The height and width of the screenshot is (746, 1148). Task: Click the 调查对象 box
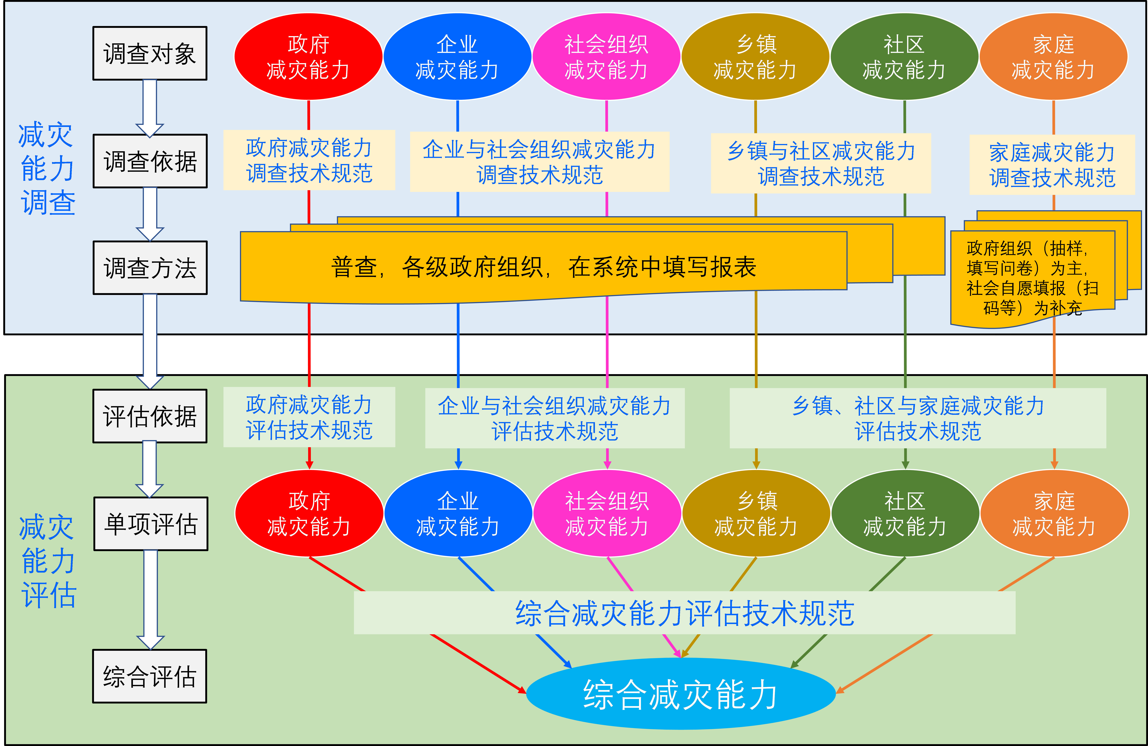click(150, 53)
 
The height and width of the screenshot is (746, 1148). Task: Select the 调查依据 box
click(150, 161)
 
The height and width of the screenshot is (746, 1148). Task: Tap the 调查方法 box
click(150, 268)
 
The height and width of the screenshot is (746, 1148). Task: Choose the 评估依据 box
click(150, 416)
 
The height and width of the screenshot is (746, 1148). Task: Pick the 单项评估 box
click(151, 524)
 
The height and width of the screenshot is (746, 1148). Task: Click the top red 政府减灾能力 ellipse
click(308, 56)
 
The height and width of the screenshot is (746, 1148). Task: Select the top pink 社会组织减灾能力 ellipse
click(606, 56)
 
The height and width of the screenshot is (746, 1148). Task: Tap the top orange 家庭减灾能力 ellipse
click(1053, 56)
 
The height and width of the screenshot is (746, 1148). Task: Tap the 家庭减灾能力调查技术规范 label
click(1052, 165)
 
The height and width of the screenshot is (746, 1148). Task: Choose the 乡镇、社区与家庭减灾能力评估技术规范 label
click(918, 418)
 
